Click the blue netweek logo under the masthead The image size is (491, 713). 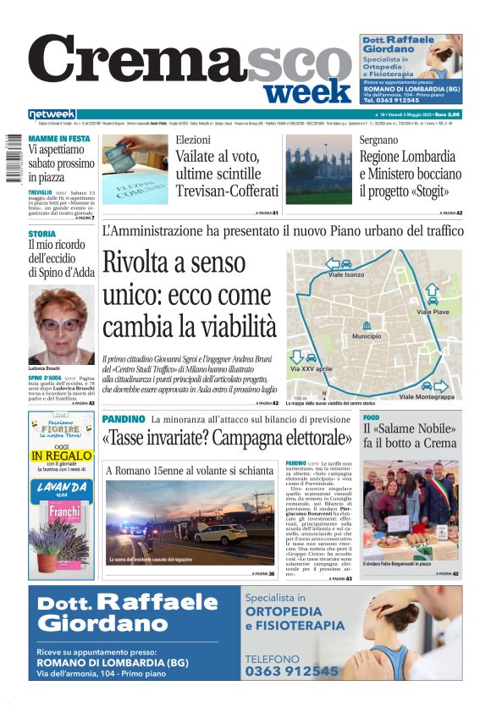52,114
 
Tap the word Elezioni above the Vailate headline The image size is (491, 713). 193,140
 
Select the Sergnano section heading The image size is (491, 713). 378,140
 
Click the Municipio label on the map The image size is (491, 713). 367,336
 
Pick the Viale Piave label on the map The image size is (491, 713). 433,312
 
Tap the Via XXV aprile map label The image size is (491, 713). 311,370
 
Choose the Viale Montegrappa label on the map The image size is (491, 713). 426,396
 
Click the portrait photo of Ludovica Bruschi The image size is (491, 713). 61,325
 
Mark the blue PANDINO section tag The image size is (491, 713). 124,419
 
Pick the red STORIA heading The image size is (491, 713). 42,233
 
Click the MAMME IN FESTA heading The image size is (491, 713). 59,138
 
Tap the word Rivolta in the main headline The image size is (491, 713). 162,263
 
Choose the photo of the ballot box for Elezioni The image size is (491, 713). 135,169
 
